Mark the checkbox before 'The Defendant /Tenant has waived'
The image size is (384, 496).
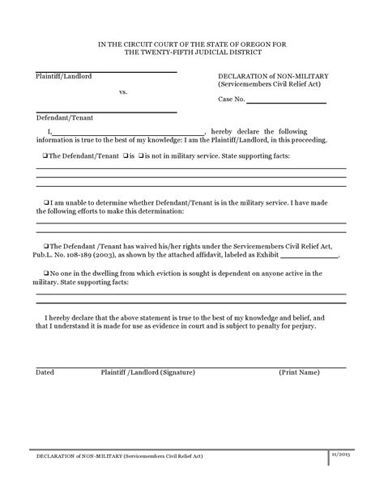click(45, 244)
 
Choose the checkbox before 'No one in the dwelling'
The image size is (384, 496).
click(45, 273)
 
